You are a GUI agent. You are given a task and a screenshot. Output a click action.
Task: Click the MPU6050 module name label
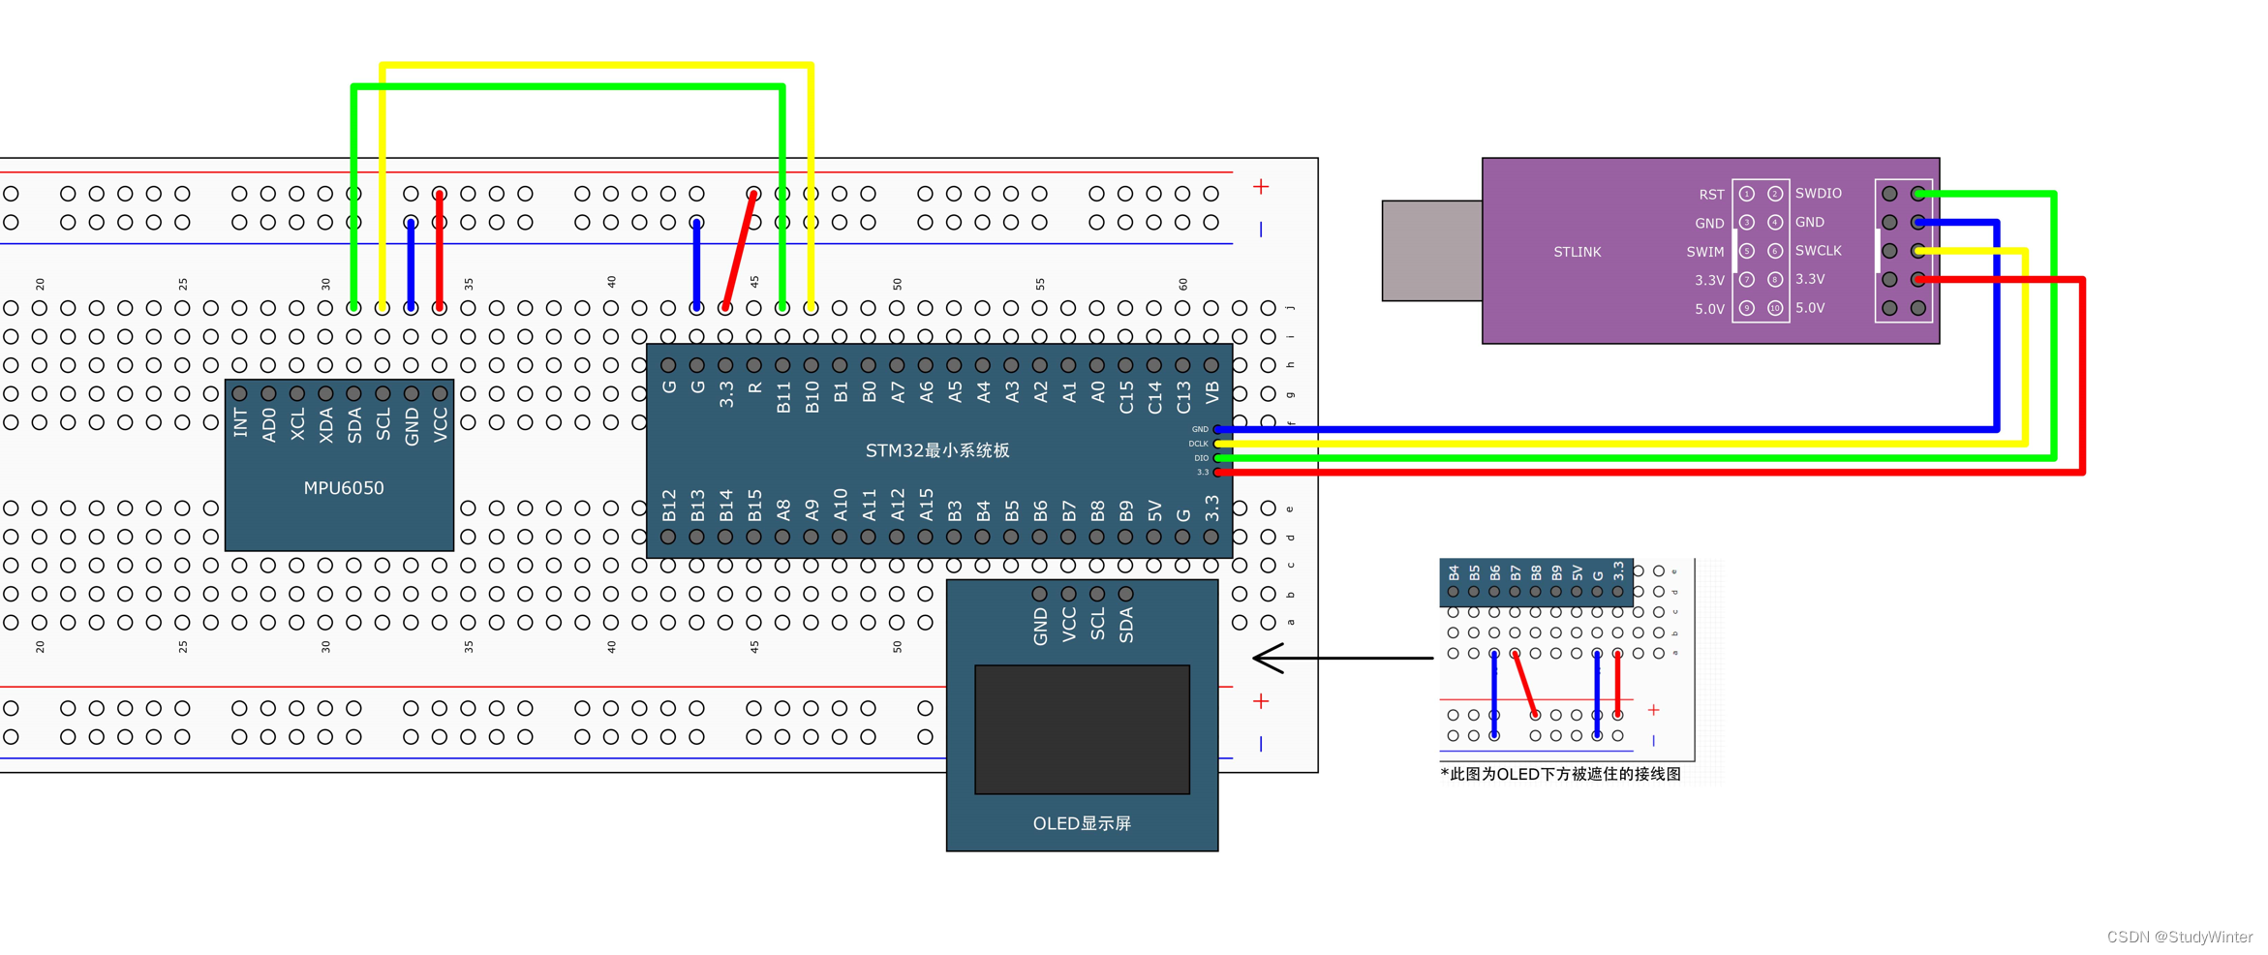[344, 488]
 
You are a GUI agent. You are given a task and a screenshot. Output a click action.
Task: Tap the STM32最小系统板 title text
[936, 450]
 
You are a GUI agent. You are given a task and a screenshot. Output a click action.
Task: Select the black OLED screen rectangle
[1082, 729]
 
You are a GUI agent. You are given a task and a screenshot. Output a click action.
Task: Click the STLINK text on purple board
[1577, 252]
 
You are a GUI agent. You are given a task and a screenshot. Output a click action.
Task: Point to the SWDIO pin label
[1818, 194]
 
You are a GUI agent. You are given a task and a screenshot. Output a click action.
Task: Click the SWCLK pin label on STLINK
[1818, 251]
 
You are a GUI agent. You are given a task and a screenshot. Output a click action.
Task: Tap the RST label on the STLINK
[1711, 195]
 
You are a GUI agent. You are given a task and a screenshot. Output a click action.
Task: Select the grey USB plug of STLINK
[1431, 251]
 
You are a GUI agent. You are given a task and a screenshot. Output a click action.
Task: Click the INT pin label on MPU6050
[241, 422]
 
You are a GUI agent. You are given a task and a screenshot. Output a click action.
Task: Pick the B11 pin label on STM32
[783, 397]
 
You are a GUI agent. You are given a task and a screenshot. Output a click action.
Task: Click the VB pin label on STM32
[1211, 393]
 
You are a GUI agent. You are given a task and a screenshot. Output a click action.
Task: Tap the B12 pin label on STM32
[669, 506]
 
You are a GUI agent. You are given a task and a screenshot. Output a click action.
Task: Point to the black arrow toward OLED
[1341, 658]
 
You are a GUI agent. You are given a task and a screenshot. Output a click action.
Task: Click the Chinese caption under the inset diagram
[1560, 774]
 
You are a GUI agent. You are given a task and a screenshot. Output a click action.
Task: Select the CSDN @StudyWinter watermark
[2179, 937]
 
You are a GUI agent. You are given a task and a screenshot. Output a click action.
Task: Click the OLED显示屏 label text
[1082, 823]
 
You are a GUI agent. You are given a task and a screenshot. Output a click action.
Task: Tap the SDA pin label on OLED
[1126, 625]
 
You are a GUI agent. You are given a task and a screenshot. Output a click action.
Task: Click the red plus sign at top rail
[1261, 186]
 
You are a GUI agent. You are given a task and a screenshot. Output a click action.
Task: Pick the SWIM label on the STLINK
[1704, 252]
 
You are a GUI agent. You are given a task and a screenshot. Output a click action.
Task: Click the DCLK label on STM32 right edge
[1198, 444]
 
